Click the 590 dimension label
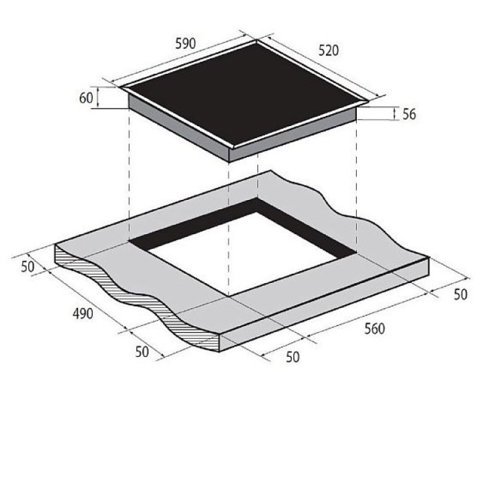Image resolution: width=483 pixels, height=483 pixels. [x=185, y=44]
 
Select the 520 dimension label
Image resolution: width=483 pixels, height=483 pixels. [x=328, y=50]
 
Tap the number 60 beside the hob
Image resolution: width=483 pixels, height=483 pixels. [x=86, y=98]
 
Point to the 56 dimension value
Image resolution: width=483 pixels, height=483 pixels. [x=409, y=114]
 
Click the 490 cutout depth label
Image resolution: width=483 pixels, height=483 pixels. [x=83, y=313]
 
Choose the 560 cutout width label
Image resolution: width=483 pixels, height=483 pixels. [x=374, y=329]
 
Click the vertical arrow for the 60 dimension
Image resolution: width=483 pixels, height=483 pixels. [x=98, y=97]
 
